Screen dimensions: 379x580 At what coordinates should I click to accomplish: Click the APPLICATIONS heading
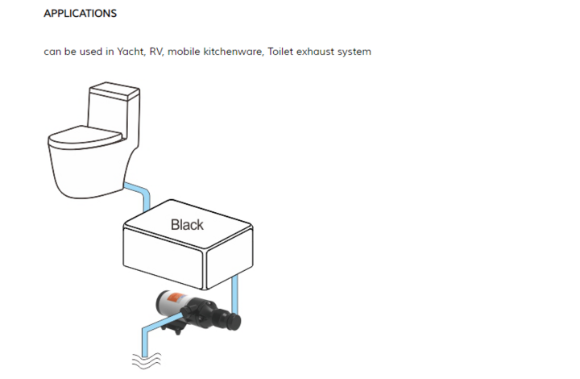pos(80,14)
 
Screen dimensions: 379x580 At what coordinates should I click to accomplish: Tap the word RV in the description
pos(156,52)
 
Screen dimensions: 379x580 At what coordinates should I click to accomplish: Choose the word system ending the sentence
pos(356,52)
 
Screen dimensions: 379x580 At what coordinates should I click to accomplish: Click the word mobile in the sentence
pos(185,52)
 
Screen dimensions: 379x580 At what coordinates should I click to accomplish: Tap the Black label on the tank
pos(187,224)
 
